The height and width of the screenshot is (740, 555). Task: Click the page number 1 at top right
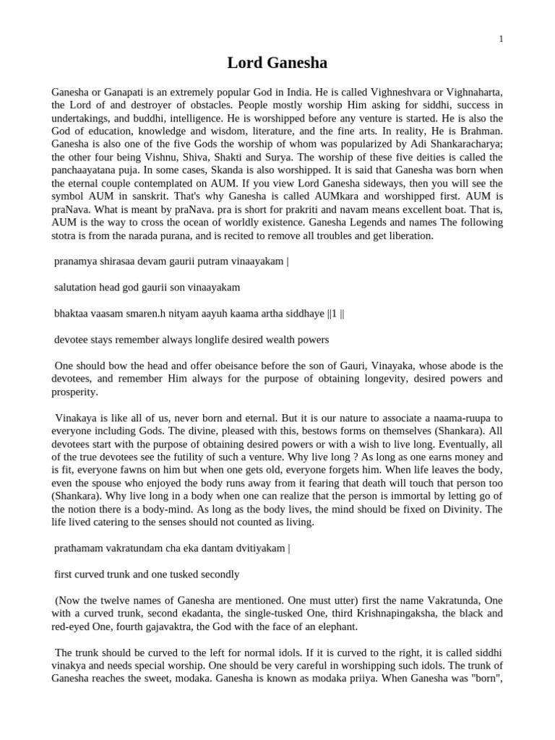[x=501, y=39]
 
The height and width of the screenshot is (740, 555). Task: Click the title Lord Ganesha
[x=277, y=64]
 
